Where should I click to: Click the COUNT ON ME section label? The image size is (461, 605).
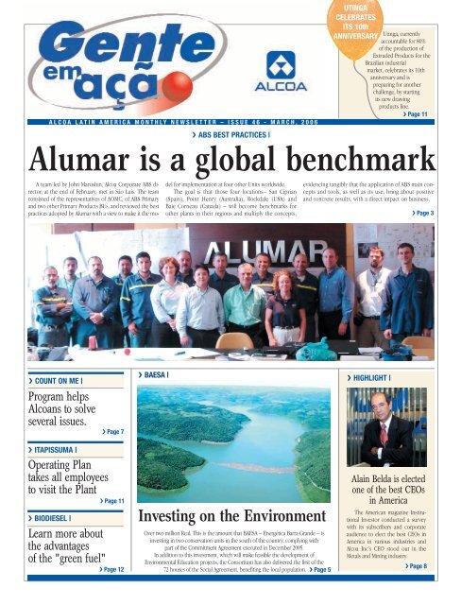point(43,381)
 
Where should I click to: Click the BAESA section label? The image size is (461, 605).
point(156,375)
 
